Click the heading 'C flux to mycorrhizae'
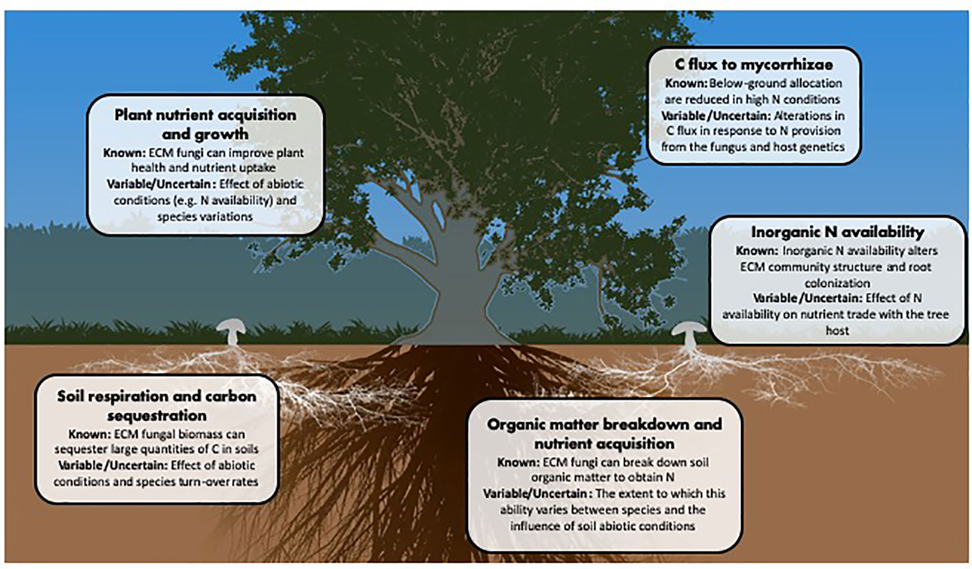(754, 64)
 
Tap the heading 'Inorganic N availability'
(837, 232)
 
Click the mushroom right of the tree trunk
(689, 333)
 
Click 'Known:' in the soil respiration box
(88, 435)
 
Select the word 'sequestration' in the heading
(157, 416)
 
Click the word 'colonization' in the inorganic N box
(837, 283)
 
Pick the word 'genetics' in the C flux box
(822, 147)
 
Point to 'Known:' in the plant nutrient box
(123, 153)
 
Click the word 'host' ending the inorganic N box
(837, 331)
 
